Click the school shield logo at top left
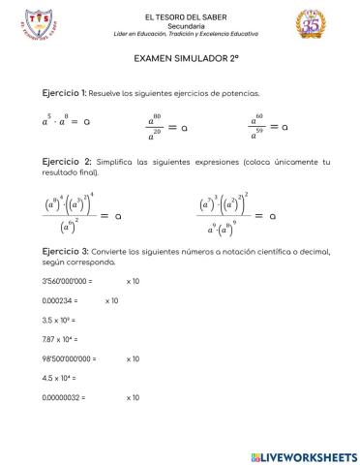(39, 22)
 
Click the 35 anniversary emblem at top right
(313, 23)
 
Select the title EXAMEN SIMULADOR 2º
(180, 58)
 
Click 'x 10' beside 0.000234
(111, 300)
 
